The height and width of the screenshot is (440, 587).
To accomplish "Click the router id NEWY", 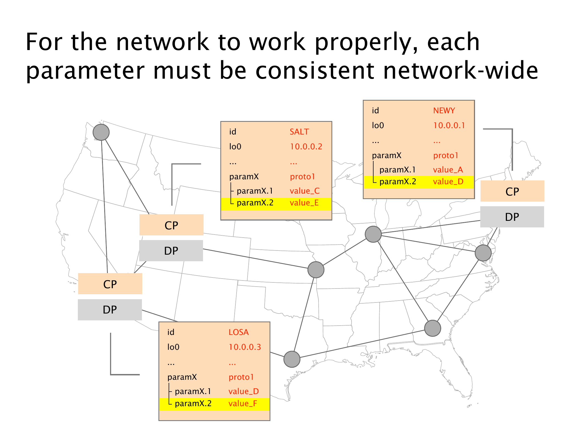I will (x=444, y=111).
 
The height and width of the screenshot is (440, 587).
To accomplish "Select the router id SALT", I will (x=299, y=132).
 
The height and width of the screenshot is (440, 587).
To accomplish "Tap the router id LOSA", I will (x=238, y=332).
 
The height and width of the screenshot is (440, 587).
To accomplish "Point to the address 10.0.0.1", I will (x=449, y=125).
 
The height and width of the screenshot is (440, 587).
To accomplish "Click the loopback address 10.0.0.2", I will (x=306, y=147).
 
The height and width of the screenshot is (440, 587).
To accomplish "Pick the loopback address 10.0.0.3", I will (x=245, y=347).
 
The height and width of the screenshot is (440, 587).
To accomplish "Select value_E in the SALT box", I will (x=304, y=203).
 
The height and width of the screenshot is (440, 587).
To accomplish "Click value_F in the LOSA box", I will (x=243, y=404).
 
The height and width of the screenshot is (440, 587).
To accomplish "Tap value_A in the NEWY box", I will (x=448, y=170).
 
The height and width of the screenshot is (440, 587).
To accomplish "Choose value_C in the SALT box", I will (x=305, y=191).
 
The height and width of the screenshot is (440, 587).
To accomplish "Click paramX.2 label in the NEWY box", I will (x=397, y=182).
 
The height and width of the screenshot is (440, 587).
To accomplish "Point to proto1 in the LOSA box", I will (x=241, y=377).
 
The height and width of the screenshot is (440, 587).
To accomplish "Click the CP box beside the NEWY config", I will (x=512, y=191).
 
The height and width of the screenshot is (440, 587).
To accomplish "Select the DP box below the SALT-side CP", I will (x=171, y=251).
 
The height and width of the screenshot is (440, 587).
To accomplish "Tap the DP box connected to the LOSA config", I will (x=110, y=310).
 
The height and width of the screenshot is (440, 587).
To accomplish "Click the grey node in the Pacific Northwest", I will (x=101, y=132).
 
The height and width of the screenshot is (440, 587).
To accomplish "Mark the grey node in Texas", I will (x=292, y=359).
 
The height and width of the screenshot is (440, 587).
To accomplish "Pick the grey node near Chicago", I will (x=373, y=234).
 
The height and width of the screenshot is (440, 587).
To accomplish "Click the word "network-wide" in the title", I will (x=460, y=71).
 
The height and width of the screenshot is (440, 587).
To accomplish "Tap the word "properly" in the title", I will (x=366, y=42).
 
